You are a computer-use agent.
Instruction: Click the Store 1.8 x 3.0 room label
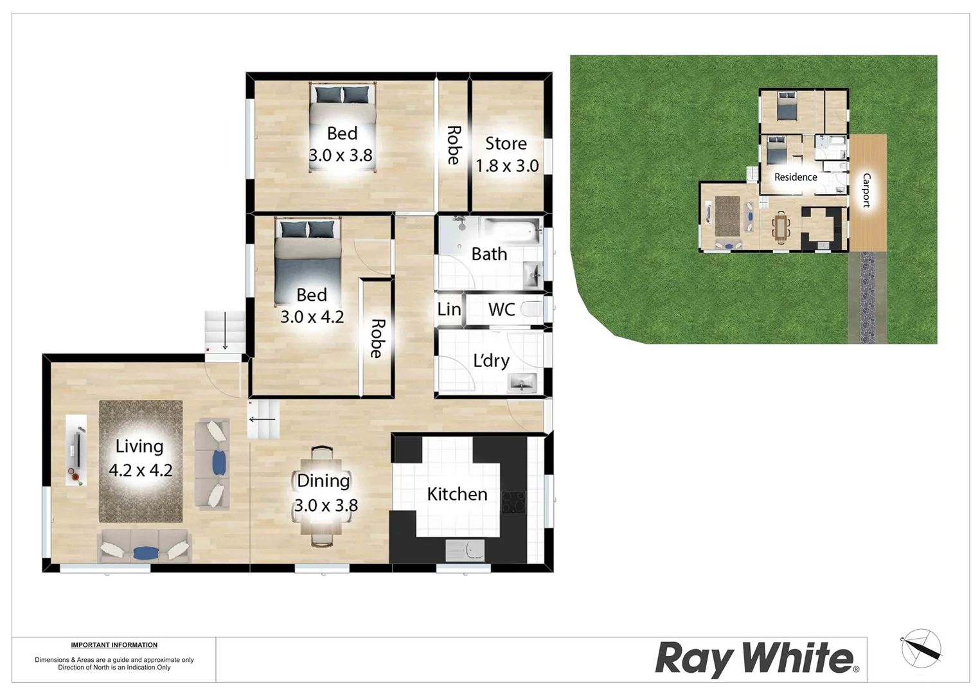click(506, 155)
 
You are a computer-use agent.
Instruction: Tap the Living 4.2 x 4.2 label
click(140, 458)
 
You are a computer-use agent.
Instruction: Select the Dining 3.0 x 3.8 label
click(325, 493)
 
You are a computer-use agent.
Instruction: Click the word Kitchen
click(457, 494)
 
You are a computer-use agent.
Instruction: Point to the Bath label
click(489, 254)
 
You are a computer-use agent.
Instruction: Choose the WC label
click(501, 310)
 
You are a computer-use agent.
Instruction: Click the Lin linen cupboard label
click(449, 310)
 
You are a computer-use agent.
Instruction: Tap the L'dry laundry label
click(491, 361)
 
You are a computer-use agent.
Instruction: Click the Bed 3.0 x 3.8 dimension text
click(341, 156)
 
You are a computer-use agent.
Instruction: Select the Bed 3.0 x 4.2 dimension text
click(312, 317)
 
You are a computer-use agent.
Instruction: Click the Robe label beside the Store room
click(453, 145)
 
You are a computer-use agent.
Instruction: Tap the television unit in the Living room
click(76, 450)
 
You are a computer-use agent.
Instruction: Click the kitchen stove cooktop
click(513, 502)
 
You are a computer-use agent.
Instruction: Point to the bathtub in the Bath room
click(512, 231)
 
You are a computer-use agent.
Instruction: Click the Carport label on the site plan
click(866, 190)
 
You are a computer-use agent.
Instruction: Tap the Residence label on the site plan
click(795, 177)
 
